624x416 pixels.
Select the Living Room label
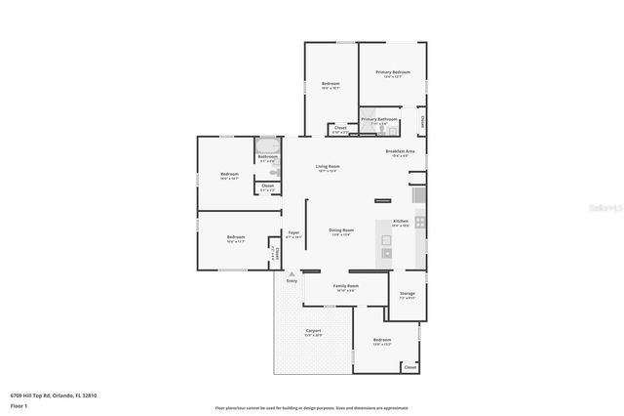tap(327, 167)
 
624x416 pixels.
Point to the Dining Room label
tap(340, 231)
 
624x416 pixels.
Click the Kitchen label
tap(400, 222)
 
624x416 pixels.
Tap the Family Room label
tap(346, 286)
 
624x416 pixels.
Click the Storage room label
tap(408, 293)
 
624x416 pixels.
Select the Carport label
tap(314, 331)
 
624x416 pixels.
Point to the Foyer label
tap(293, 233)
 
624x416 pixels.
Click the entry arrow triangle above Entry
tap(291, 274)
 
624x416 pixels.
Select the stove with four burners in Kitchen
tap(420, 223)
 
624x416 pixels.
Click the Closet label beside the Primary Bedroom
tap(422, 121)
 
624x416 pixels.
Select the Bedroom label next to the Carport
tap(381, 341)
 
